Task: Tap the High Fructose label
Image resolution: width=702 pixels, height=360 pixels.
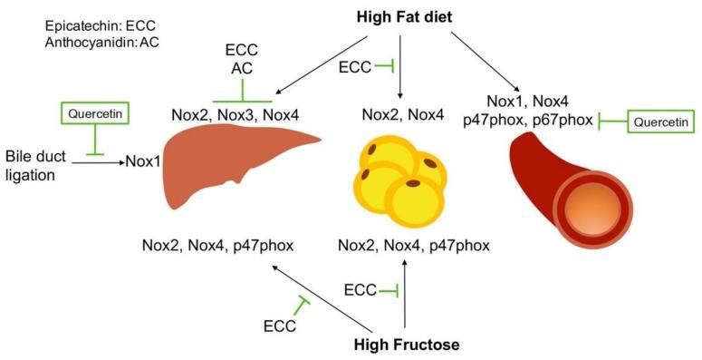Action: coord(405,345)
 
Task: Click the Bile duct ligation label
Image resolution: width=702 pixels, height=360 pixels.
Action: coord(41,163)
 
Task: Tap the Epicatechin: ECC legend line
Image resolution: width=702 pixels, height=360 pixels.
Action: coord(95,26)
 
